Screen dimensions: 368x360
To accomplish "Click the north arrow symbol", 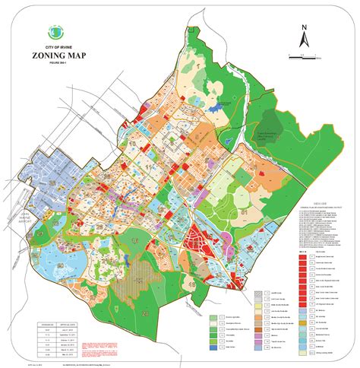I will (302, 38).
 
